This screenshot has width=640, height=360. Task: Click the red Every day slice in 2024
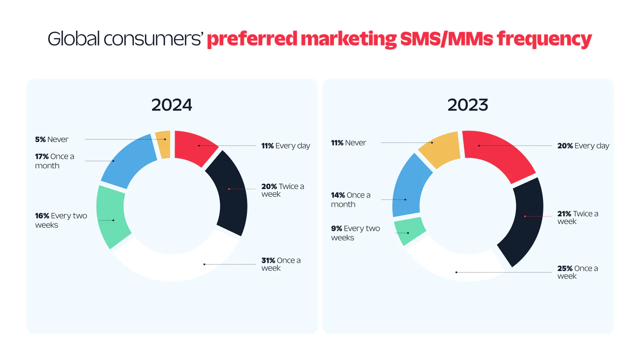pos(194,147)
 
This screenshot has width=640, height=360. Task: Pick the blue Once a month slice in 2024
pos(128,162)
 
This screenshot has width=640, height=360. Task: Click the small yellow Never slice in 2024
pos(163,144)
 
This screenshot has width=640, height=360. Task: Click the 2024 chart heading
pos(172,105)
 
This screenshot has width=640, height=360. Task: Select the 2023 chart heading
pos(468,105)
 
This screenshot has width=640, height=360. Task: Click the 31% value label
pos(268,260)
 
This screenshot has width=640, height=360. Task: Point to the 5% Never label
pos(52,140)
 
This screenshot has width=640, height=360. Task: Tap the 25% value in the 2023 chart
pos(564,268)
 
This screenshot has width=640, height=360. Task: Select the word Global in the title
pos(74,39)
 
